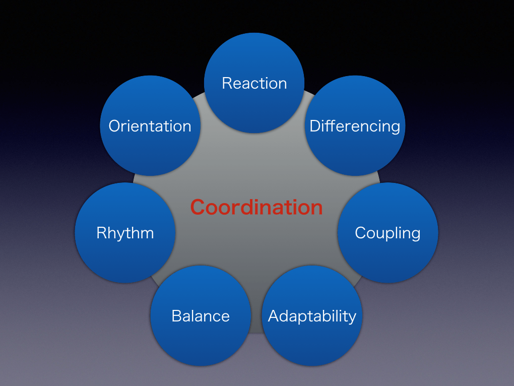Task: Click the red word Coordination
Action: (x=256, y=207)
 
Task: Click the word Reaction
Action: (x=254, y=83)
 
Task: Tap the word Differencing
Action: (x=355, y=126)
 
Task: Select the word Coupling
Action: (x=388, y=233)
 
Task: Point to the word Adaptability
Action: (x=312, y=316)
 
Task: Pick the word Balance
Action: (x=201, y=316)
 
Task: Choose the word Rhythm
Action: (x=125, y=233)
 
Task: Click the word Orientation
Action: (x=150, y=126)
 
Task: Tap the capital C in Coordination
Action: (x=198, y=207)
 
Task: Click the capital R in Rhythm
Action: (x=101, y=233)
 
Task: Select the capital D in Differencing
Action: (x=314, y=126)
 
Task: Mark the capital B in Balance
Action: (x=176, y=316)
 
